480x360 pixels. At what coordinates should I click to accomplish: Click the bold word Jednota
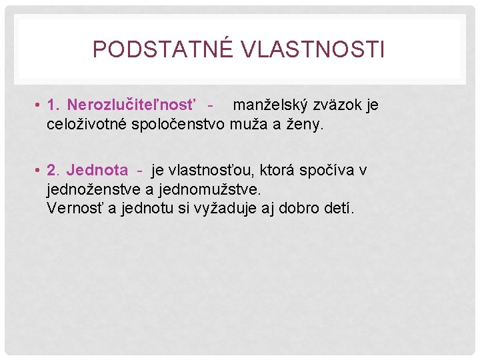(97, 171)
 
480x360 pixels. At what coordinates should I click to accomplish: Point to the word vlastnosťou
(213, 171)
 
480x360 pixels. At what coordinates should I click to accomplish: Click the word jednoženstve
(95, 189)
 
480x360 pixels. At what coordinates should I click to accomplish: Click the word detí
(340, 208)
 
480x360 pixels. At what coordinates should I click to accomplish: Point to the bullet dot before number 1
(39, 105)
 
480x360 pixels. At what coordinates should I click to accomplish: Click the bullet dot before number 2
(39, 171)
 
